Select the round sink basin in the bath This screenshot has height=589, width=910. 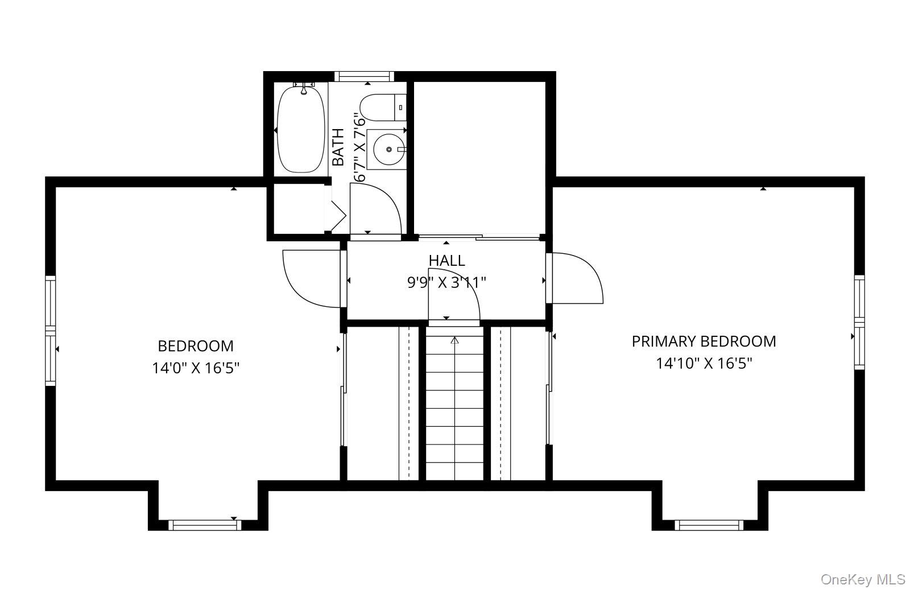pos(389,149)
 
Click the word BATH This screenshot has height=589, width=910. pos(338,147)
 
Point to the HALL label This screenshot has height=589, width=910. pos(446,261)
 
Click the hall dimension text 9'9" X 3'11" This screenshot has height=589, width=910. pos(446,282)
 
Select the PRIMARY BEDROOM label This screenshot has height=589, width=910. pos(704,341)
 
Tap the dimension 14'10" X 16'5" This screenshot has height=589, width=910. pos(704,363)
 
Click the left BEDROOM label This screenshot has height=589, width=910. pos(195,346)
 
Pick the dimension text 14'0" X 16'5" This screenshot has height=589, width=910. pos(195,368)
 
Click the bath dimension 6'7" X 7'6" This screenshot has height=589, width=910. pos(359,147)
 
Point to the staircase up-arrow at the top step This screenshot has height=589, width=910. pos(454,341)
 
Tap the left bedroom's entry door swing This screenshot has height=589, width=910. pos(311,279)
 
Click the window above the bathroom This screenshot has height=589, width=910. pos(363,76)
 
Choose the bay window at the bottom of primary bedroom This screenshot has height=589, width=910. pos(709,525)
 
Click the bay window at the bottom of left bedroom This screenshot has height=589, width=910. pos(206,525)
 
